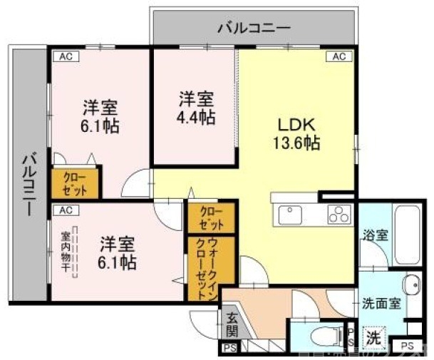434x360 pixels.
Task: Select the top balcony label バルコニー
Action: click(x=254, y=28)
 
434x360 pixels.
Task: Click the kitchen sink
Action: click(x=292, y=212)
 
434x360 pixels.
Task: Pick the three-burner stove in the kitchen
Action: click(x=339, y=212)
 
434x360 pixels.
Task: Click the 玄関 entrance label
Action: click(x=232, y=324)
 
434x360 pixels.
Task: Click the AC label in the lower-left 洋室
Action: click(x=65, y=210)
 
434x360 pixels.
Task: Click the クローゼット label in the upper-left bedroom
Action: click(x=75, y=182)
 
